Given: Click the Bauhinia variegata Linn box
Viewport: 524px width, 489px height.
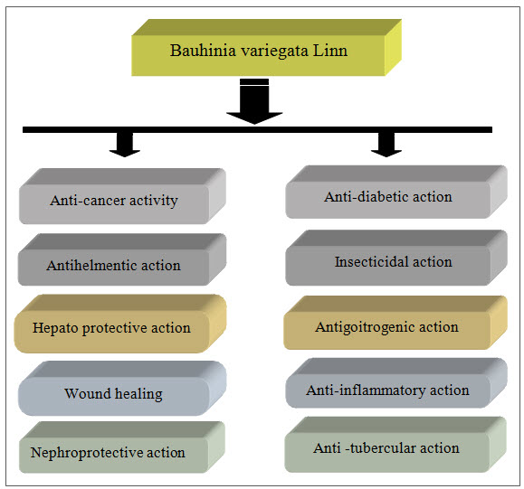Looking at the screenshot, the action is pos(266,48).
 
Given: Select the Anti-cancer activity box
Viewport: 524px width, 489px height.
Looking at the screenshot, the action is pos(122,196).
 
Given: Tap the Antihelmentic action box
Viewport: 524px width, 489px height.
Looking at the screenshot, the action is pos(122,259).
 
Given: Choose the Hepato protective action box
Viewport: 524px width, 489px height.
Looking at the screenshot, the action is pos(120,324).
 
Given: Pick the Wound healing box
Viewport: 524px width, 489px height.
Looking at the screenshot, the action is pos(122,388).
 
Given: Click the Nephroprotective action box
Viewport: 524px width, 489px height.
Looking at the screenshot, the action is pos(122,447).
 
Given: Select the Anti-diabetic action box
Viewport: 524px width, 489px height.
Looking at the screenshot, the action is pos(396,192).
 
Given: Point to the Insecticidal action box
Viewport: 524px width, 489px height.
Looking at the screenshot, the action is pos(396,258).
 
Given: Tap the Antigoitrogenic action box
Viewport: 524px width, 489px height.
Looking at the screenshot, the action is pos(395,323).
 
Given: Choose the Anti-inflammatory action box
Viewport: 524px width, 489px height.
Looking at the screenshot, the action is pos(396,383).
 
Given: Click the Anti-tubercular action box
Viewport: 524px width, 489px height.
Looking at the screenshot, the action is pos(395,445).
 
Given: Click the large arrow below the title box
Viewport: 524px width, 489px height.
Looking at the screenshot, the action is pos(254,101).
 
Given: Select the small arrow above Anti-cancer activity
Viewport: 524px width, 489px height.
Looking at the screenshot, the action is pos(125,145).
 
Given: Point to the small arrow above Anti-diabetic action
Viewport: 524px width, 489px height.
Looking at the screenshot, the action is pos(386,145).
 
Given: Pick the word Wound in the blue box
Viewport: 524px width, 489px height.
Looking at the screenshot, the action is pos(88,393).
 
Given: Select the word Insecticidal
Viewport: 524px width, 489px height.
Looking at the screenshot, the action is pos(371,262).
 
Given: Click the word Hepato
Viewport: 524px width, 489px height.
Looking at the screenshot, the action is pos(55,328).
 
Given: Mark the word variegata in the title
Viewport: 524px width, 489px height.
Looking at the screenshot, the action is pos(274,52).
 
